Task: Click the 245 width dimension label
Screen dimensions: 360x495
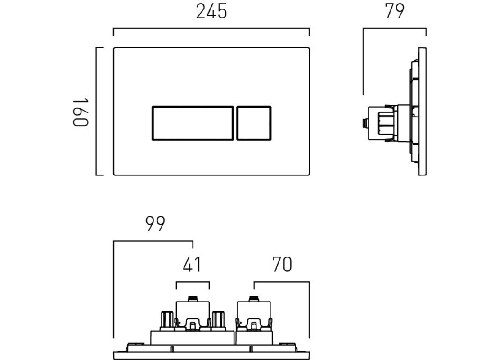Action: [x=211, y=12]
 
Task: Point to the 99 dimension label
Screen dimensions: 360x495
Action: [x=156, y=224]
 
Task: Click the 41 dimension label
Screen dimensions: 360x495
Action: [x=192, y=265]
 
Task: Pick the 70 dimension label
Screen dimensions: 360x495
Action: [x=282, y=265]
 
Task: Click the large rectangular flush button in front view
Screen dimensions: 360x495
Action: [x=193, y=123]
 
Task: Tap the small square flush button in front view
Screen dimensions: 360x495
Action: [x=254, y=123]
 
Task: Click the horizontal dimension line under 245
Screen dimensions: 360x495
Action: [x=211, y=29]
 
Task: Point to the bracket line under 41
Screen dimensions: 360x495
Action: [x=193, y=282]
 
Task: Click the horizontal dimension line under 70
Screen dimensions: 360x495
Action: [x=282, y=282]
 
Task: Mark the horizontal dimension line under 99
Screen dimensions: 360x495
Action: [x=153, y=242]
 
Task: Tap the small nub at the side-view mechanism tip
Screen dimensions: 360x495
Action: [x=363, y=122]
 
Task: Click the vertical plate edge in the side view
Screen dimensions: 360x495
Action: [x=422, y=112]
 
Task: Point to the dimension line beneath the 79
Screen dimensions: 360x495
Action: [x=394, y=29]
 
